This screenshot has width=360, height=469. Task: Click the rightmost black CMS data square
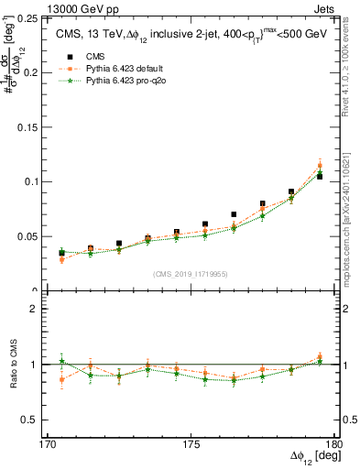[320, 176]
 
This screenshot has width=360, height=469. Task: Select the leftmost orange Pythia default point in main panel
[62, 260]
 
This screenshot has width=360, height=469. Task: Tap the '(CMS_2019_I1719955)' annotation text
[191, 274]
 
